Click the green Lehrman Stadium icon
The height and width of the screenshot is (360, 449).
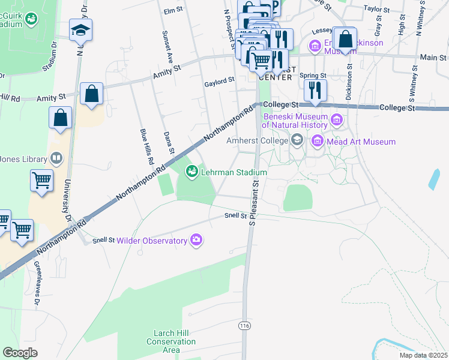click(192, 172)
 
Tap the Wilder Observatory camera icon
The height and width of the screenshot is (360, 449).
click(196, 241)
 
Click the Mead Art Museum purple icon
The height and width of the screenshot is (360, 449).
click(318, 142)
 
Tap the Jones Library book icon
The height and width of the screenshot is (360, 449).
click(56, 159)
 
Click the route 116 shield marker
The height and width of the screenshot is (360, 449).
click(244, 325)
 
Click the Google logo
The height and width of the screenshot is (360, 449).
click(20, 353)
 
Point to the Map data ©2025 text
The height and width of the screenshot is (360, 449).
click(423, 355)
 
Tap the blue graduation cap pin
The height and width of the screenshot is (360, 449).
click(80, 29)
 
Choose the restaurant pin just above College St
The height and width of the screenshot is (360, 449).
click(314, 90)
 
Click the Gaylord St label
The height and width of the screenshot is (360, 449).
click(218, 85)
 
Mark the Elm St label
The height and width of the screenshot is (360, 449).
click(172, 11)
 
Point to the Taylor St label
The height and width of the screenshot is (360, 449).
click(376, 10)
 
